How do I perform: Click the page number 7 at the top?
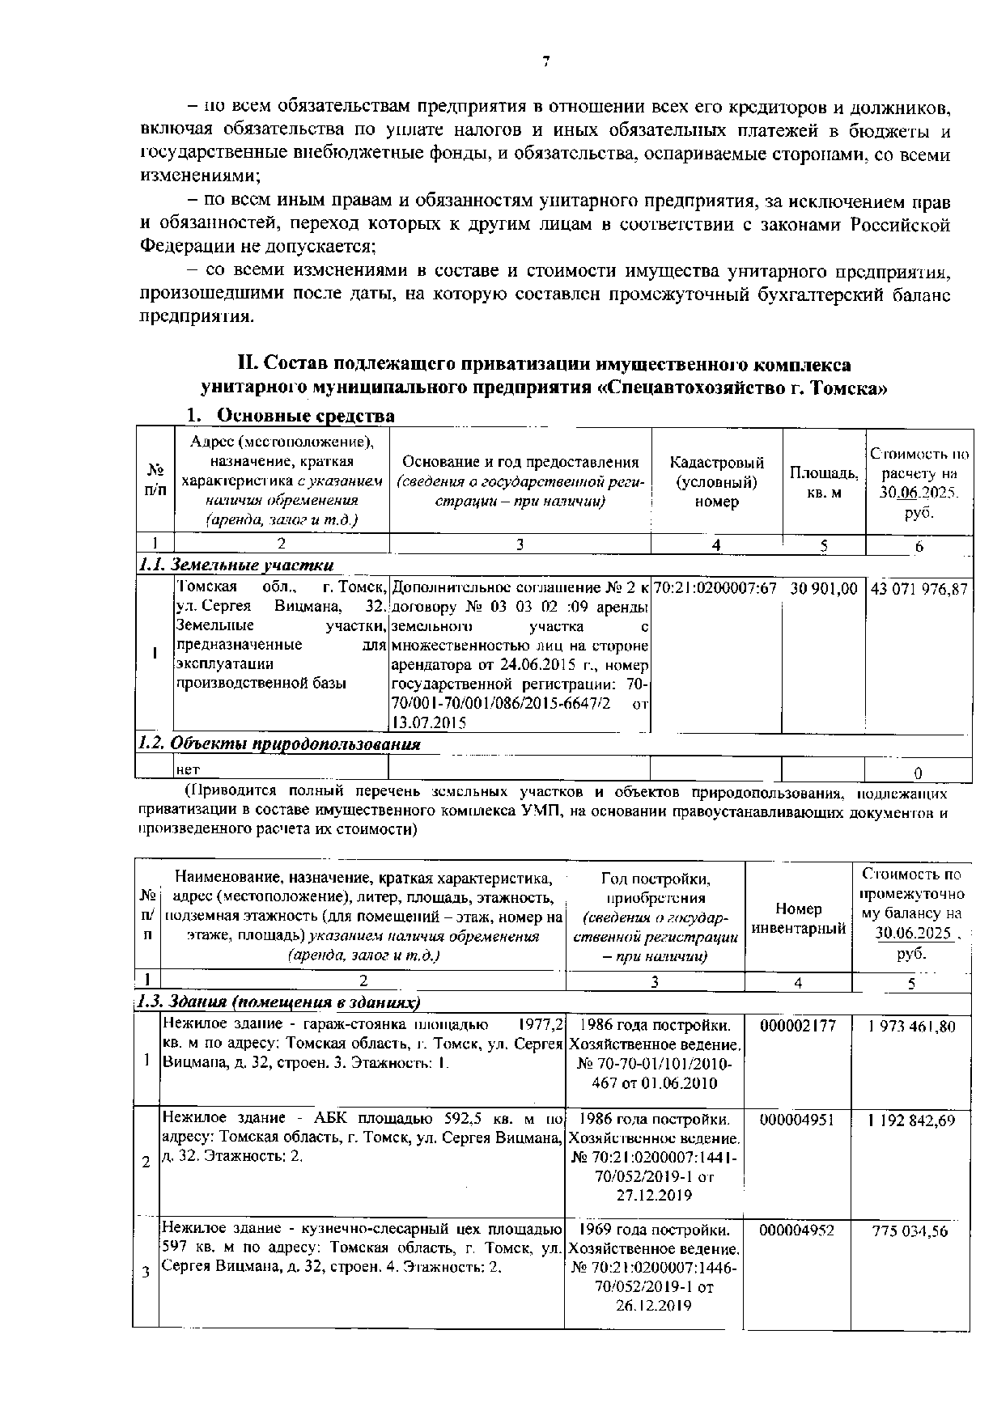pyautogui.click(x=546, y=61)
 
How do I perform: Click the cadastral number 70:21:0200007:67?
pyautogui.click(x=715, y=588)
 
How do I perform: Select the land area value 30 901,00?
pyautogui.click(x=823, y=588)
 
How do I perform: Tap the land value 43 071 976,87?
pyautogui.click(x=919, y=589)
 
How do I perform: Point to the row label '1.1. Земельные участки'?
pyautogui.click(x=236, y=565)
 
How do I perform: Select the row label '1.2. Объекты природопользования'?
pyautogui.click(x=279, y=743)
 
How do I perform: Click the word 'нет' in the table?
pyautogui.click(x=188, y=769)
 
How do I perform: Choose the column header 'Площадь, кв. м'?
pyautogui.click(x=824, y=482)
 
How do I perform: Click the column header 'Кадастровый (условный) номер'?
pyautogui.click(x=716, y=481)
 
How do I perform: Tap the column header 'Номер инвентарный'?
pyautogui.click(x=798, y=918)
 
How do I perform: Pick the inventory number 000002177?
pyautogui.click(x=797, y=1026)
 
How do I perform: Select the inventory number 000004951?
pyautogui.click(x=797, y=1120)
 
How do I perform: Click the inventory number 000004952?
pyautogui.click(x=797, y=1231)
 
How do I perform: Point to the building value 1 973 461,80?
pyautogui.click(x=911, y=1026)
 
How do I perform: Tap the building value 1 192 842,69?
pyautogui.click(x=911, y=1120)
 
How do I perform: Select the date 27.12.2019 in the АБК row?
pyautogui.click(x=653, y=1194)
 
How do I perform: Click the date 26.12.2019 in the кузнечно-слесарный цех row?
pyautogui.click(x=653, y=1305)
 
